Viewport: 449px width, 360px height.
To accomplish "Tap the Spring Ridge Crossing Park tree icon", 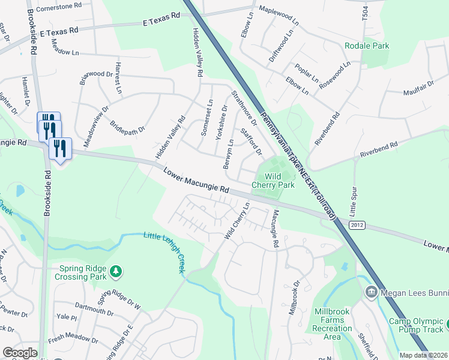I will (x=116, y=273).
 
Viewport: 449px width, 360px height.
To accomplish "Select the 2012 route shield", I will (x=357, y=224).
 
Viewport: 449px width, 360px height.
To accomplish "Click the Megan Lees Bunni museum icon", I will (x=371, y=292).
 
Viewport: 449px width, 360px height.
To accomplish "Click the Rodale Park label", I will (x=367, y=46).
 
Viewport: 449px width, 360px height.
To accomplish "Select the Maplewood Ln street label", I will (x=279, y=15).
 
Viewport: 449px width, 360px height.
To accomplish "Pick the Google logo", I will (x=20, y=353).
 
